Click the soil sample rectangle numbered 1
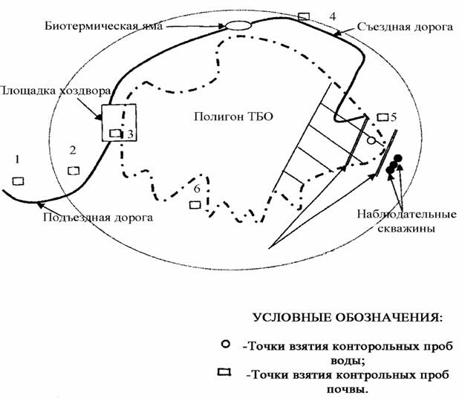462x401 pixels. click(x=18, y=181)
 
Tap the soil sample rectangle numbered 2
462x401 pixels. click(x=74, y=171)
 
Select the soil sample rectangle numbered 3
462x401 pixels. click(x=115, y=133)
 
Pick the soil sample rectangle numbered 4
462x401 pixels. click(x=304, y=16)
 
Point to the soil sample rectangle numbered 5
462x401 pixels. click(x=383, y=117)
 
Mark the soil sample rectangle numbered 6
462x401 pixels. click(x=195, y=204)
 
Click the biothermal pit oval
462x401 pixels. click(x=238, y=26)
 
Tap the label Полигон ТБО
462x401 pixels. click(x=233, y=117)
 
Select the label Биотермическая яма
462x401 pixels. click(x=104, y=26)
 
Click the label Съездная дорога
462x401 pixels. click(x=405, y=27)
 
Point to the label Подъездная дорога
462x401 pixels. click(x=98, y=218)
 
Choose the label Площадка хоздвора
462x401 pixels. click(x=56, y=91)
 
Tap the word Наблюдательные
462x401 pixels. click(x=407, y=214)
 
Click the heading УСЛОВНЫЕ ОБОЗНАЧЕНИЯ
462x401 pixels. click(x=348, y=318)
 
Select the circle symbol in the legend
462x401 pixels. click(x=226, y=344)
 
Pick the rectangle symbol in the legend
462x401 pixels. click(x=224, y=372)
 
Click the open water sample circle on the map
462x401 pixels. click(x=371, y=140)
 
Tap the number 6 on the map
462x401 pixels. click(x=197, y=189)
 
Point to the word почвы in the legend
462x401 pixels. click(x=348, y=390)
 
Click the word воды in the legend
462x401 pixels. click(x=348, y=361)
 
